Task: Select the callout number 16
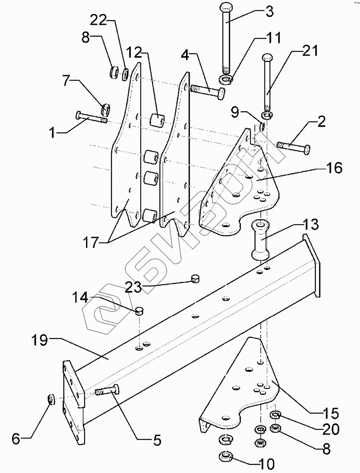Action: click(x=334, y=168)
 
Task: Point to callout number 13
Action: click(x=310, y=225)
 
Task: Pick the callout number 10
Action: click(x=265, y=464)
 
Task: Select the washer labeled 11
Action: click(x=226, y=80)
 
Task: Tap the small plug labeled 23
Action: click(x=196, y=278)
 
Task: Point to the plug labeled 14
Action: click(x=139, y=310)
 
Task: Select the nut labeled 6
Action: click(x=51, y=399)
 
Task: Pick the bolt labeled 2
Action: click(x=294, y=148)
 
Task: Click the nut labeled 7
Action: click(x=106, y=108)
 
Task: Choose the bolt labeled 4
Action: click(x=208, y=90)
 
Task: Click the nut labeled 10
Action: click(x=226, y=455)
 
